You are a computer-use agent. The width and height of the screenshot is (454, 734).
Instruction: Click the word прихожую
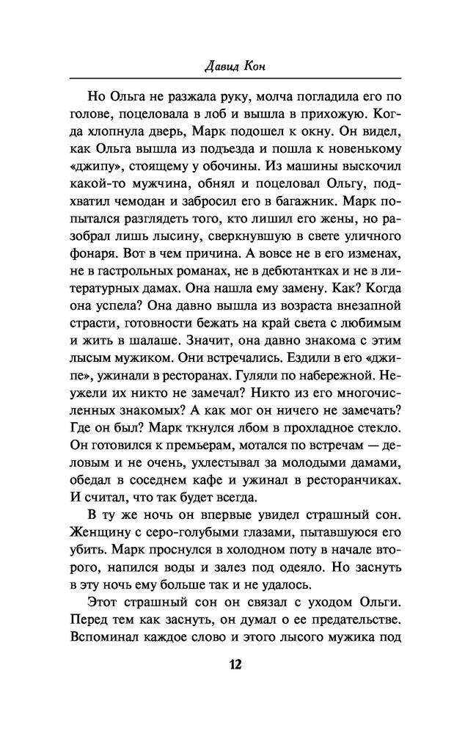coord(333,114)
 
